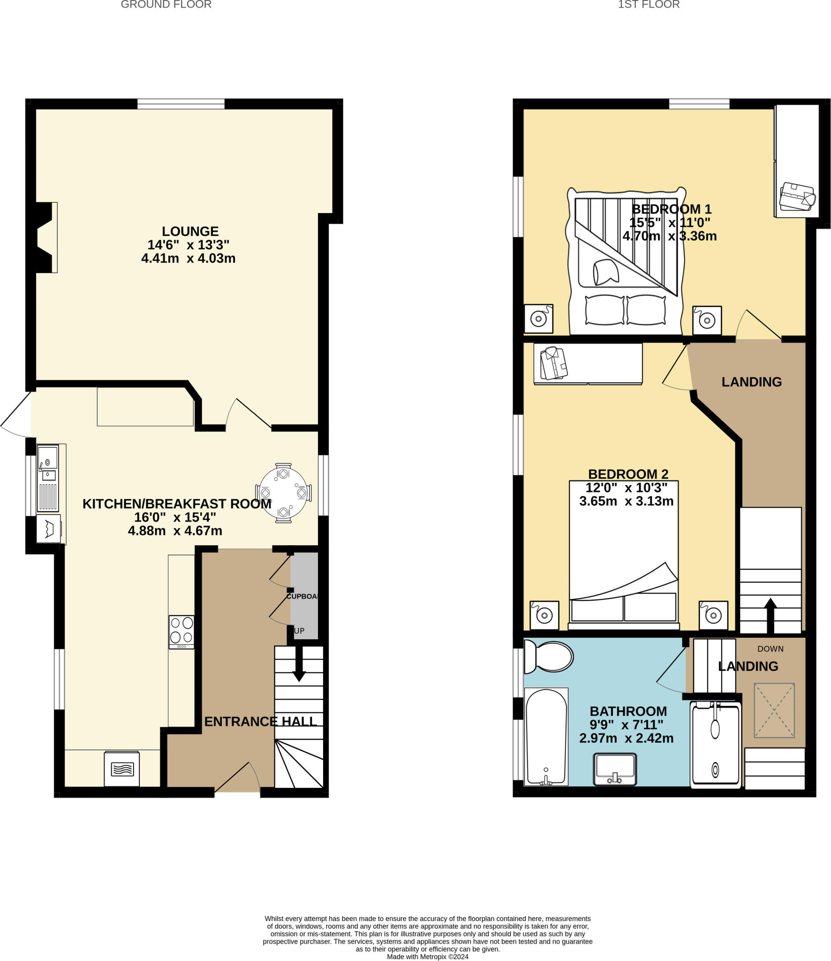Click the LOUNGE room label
click(190, 231)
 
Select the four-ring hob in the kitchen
click(181, 631)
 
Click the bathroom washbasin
click(614, 769)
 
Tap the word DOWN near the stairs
click(770, 649)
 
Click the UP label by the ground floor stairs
click(299, 631)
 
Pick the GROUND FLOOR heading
click(166, 5)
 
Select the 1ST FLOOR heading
click(649, 5)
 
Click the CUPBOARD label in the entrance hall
click(302, 596)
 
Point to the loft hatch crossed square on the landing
click(774, 710)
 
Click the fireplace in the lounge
click(46, 237)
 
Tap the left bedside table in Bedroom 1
click(538, 319)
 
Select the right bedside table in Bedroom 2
click(713, 615)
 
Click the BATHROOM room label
click(628, 711)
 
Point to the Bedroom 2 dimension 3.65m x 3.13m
click(626, 501)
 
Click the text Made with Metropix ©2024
click(427, 956)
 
